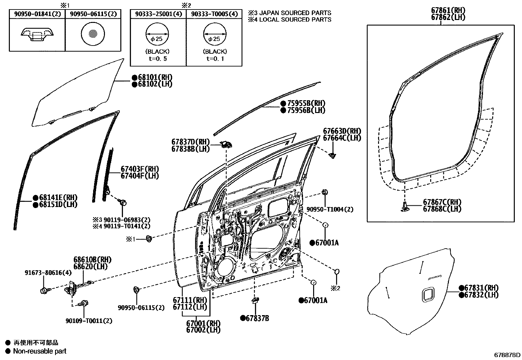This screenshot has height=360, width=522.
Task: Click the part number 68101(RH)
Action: coord(155,77)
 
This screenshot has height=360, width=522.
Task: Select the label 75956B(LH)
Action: coord(306,110)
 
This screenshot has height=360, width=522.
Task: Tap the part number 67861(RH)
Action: coord(448,10)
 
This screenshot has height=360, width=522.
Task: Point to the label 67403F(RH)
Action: coord(140,169)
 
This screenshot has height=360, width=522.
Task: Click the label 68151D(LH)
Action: coord(58,204)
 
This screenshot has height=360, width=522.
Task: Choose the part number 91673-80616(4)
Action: coord(48,273)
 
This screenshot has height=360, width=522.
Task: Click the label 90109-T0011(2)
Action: coord(89,321)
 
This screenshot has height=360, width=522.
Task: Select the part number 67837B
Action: coord(257,318)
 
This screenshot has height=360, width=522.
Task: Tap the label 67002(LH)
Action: coord(203,330)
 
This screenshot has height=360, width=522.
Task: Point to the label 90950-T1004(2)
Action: coord(330,209)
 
